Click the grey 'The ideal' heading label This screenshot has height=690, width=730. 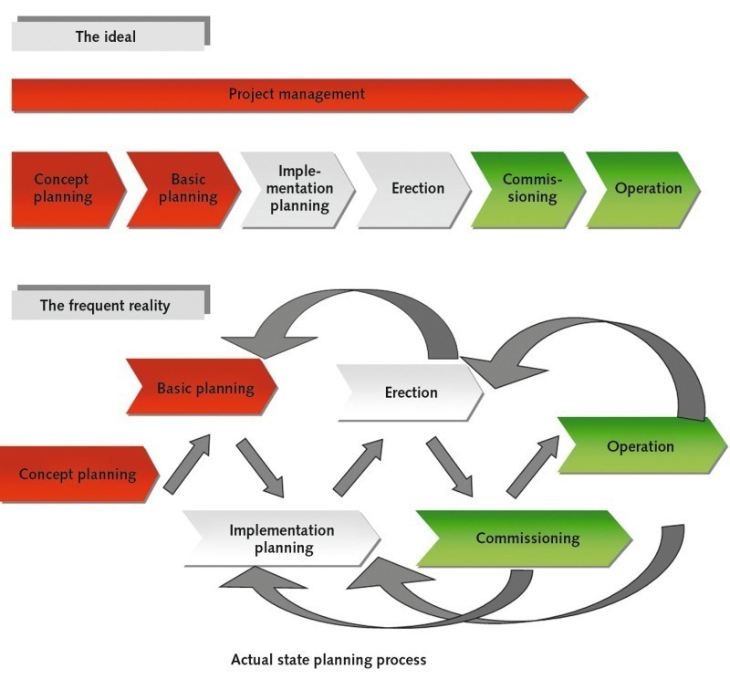[x=108, y=37]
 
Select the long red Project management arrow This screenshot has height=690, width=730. [x=297, y=94]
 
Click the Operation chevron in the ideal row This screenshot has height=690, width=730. [x=642, y=189]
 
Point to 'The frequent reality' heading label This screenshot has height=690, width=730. [x=106, y=306]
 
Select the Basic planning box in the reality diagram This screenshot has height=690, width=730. [x=203, y=388]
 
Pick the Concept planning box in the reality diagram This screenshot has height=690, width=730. [x=78, y=474]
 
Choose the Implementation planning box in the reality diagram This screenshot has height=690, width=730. [x=279, y=538]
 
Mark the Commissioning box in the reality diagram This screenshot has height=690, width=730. [x=526, y=538]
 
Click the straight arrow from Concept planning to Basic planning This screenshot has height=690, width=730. [x=187, y=464]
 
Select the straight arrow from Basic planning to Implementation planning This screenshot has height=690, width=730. [x=260, y=468]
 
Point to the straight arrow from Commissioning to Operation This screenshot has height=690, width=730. [x=534, y=465]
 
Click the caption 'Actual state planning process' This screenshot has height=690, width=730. [x=328, y=659]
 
